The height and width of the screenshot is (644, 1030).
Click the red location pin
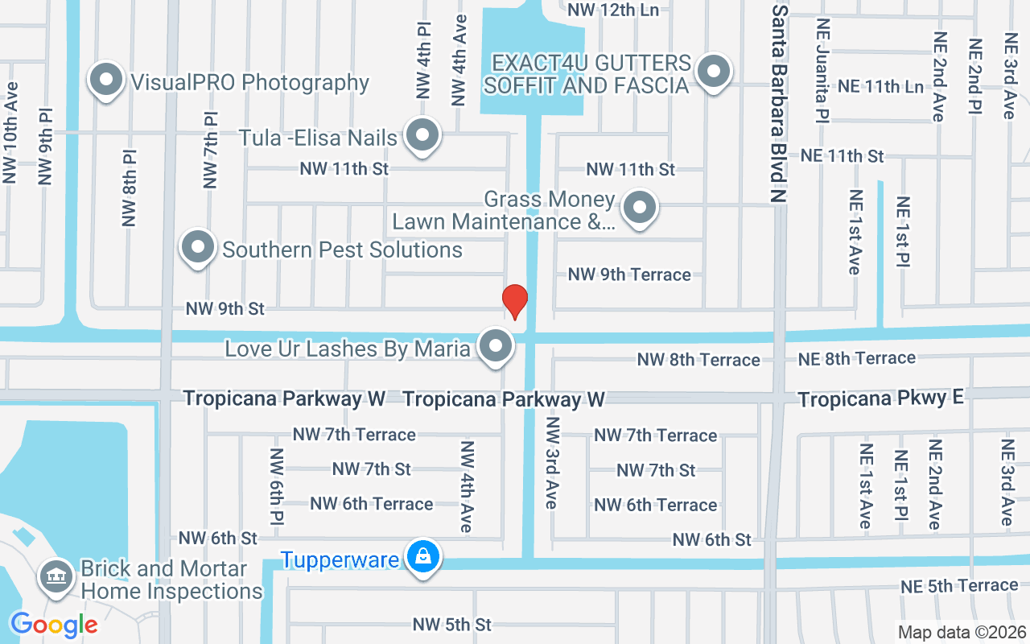coord(514,301)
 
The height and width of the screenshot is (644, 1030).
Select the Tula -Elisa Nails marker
coord(422,136)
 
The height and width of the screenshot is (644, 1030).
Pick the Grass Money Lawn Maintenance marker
coord(640,208)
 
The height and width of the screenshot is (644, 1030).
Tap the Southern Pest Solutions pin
coord(198,248)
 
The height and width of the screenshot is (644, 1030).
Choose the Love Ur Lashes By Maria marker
coord(496,347)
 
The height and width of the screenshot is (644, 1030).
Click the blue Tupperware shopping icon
coord(422,557)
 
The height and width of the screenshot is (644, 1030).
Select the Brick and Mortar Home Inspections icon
coord(56,578)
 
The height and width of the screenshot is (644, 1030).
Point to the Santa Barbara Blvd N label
coord(779,102)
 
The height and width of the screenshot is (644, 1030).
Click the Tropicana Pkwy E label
coord(880,398)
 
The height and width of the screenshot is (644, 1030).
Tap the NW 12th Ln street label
coord(613,10)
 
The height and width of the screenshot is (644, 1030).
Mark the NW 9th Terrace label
coord(629,275)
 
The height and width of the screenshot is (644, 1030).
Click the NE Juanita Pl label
coord(822,71)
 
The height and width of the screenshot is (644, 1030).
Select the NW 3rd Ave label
coord(551,462)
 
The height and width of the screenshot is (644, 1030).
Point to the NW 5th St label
coord(451,625)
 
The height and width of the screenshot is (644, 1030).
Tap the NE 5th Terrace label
coord(959,586)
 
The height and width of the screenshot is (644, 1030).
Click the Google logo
coord(54,625)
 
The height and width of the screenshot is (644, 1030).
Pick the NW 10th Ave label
coord(11,133)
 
